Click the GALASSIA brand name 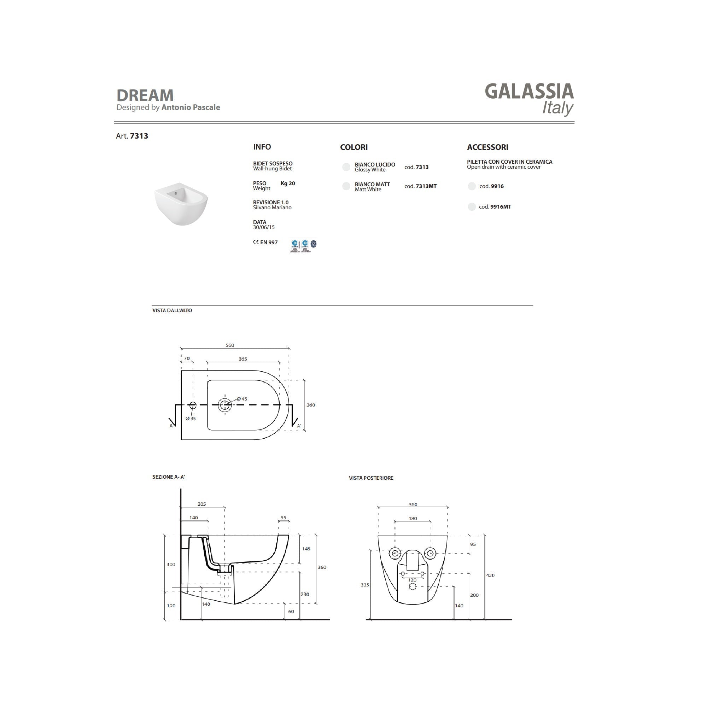click(529, 92)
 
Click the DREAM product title click(145, 95)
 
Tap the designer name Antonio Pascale click(191, 107)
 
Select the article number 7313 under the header click(139, 136)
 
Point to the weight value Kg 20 click(288, 184)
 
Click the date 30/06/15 click(263, 228)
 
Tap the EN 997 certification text click(269, 243)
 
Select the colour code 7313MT click(426, 186)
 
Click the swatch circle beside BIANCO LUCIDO click(346, 167)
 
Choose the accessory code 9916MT click(500, 207)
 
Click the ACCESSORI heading click(487, 147)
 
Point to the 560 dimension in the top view click(230, 345)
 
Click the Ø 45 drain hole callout click(242, 399)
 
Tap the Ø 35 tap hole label click(191, 419)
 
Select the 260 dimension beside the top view click(310, 405)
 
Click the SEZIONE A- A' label click(169, 477)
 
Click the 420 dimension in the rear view click(490, 575)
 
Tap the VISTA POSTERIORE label click(371, 478)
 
